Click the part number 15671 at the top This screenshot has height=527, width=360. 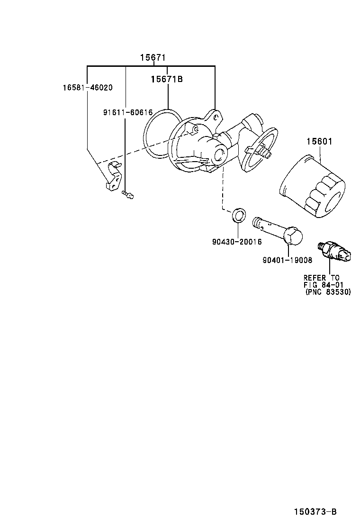click(153, 57)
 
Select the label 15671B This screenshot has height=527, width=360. click(167, 79)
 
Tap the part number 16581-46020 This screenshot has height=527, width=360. click(88, 88)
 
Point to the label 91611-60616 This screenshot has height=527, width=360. click(127, 112)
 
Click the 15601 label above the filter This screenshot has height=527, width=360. click(319, 142)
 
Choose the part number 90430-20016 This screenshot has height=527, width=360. click(237, 242)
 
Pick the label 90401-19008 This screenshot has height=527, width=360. click(287, 260)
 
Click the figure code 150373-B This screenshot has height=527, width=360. click(315, 512)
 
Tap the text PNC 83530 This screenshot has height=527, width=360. click(328, 292)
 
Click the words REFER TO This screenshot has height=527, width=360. click(321, 278)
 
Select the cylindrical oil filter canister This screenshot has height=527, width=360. click(312, 187)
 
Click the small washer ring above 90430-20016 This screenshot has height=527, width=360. click(238, 215)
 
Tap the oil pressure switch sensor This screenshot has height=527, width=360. click(334, 251)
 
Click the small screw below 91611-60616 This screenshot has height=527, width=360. click(127, 194)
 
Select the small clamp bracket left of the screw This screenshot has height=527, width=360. click(113, 177)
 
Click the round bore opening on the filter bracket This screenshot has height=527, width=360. click(220, 155)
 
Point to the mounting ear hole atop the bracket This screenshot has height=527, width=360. click(216, 118)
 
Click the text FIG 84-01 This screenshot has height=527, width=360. click(324, 285)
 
